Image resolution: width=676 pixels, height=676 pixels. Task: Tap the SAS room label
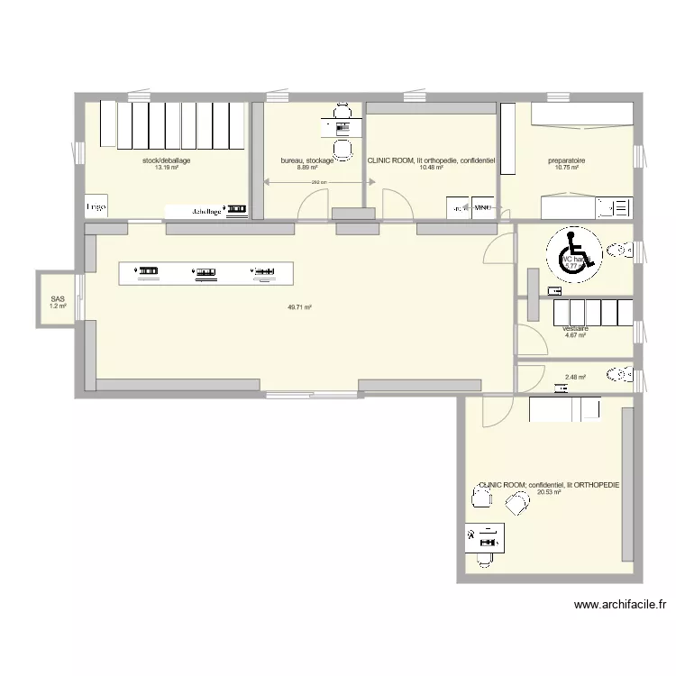pyautogui.click(x=58, y=299)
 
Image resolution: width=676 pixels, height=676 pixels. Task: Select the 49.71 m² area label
pyautogui.click(x=299, y=307)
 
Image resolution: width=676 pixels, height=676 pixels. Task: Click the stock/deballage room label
pyautogui.click(x=166, y=160)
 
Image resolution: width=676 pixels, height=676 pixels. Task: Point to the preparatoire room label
pyautogui.click(x=566, y=160)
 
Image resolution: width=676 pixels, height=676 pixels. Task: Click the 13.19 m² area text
pyautogui.click(x=166, y=168)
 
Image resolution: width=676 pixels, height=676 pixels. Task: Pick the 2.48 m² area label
pyautogui.click(x=575, y=378)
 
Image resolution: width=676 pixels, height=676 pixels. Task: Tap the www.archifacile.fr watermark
pyautogui.click(x=619, y=606)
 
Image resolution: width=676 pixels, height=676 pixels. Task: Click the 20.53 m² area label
pyautogui.click(x=549, y=492)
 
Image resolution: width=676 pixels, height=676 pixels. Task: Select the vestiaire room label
pyautogui.click(x=575, y=329)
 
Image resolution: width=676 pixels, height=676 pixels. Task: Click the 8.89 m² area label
pyautogui.click(x=307, y=168)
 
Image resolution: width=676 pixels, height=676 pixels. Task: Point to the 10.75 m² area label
pyautogui.click(x=566, y=168)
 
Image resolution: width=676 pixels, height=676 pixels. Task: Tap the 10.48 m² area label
pyautogui.click(x=431, y=168)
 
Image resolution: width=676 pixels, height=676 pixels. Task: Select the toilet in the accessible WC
pyautogui.click(x=620, y=249)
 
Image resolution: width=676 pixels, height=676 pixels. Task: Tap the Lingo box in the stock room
pyautogui.click(x=96, y=206)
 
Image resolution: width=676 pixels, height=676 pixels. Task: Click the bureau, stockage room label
pyautogui.click(x=307, y=160)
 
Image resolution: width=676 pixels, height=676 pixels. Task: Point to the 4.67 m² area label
pyautogui.click(x=575, y=336)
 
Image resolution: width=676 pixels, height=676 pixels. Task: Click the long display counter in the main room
pyautogui.click(x=206, y=272)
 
